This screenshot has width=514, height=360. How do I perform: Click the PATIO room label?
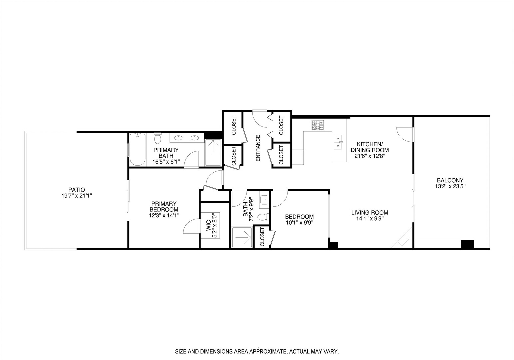[x=74, y=190]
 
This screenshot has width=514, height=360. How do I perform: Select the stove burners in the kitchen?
[x=318, y=125]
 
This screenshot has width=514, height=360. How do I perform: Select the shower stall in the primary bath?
[x=213, y=152]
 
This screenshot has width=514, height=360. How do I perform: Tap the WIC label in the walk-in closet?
[x=208, y=226]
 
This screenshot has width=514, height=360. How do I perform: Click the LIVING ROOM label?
[x=370, y=213]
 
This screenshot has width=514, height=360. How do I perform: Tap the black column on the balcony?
[x=467, y=244]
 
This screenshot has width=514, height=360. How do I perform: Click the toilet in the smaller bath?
[x=264, y=217]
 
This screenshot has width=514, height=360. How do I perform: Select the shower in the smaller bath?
[x=242, y=237]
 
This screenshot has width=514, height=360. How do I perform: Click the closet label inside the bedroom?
[x=262, y=237]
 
